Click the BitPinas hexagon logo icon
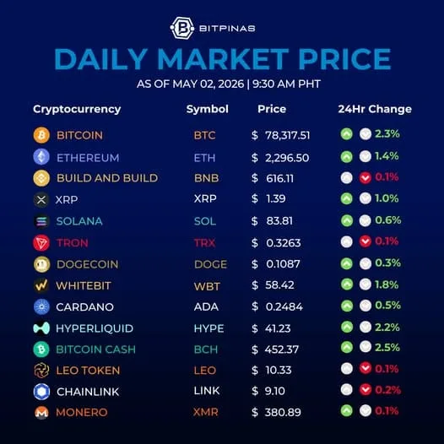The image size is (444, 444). (182, 28)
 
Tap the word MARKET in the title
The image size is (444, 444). (223, 59)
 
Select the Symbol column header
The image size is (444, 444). (208, 109)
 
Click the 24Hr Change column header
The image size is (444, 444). (375, 109)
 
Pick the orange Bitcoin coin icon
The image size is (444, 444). (41, 135)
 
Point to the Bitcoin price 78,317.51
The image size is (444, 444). (287, 135)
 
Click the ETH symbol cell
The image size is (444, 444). (204, 158)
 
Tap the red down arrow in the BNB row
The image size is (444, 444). (365, 178)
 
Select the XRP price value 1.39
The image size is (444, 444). (275, 198)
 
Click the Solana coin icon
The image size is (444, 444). (41, 221)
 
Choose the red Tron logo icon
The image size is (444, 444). (41, 242)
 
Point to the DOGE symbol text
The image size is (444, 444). (210, 264)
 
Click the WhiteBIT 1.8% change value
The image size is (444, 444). (387, 284)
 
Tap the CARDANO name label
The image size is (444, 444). (84, 307)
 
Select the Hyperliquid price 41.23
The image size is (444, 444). (278, 328)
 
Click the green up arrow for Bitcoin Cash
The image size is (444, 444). (347, 347)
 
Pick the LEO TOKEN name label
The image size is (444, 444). (88, 371)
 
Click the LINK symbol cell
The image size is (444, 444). (207, 391)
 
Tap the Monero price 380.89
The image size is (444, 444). (283, 412)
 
